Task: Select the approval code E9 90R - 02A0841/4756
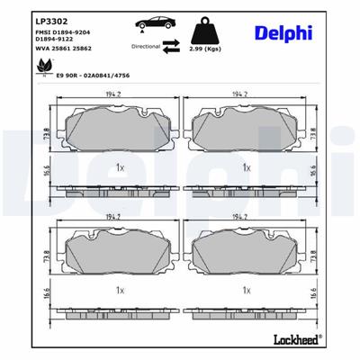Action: click(x=93, y=76)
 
